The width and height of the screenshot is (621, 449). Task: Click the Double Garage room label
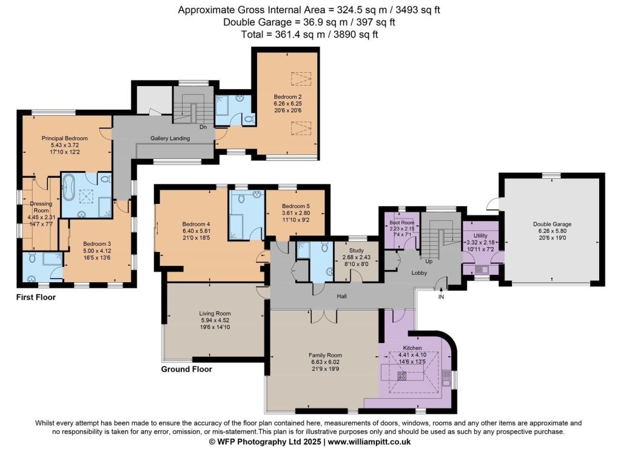[552, 224]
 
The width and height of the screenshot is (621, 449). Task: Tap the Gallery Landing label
[170, 138]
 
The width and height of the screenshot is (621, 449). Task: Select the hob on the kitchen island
[401, 376]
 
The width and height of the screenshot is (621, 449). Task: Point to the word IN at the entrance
[441, 297]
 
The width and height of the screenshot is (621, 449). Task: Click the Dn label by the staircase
[203, 127]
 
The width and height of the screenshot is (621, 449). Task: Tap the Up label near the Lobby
[429, 261]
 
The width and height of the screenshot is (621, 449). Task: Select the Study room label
[357, 251]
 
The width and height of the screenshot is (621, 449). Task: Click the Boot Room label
[401, 223]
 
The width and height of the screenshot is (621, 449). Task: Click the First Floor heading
[36, 297]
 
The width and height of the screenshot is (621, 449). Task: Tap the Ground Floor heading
[187, 370]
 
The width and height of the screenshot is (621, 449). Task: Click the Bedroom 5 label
[296, 206]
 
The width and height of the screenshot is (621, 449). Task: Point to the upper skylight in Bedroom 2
[301, 78]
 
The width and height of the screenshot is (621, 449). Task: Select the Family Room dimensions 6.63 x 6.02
[325, 362]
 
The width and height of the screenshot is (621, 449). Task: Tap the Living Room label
[215, 314]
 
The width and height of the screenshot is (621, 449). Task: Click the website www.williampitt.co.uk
[369, 442]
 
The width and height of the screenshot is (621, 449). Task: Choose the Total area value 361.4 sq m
[300, 35]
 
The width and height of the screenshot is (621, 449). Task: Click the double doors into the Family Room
[324, 316]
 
